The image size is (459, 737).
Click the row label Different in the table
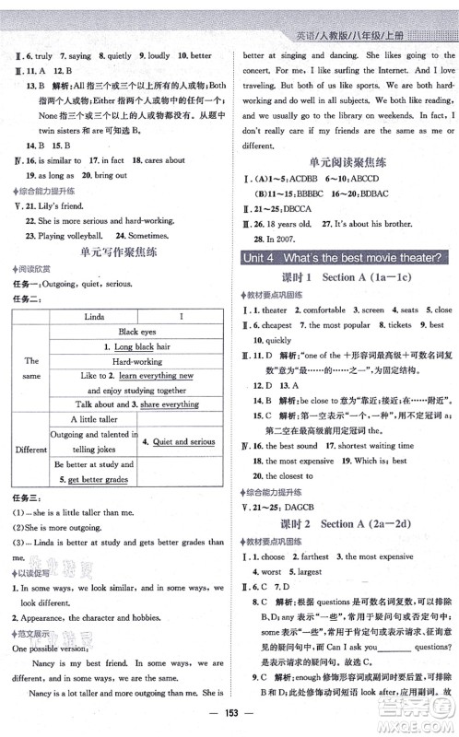(30, 450)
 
